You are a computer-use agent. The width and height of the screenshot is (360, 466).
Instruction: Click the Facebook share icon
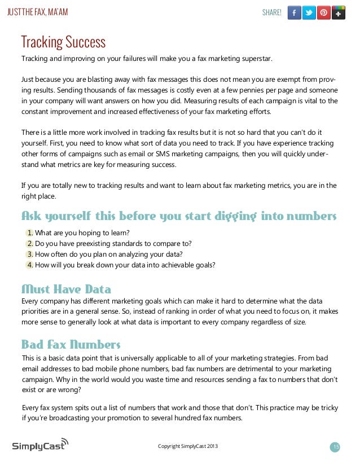(x=294, y=12)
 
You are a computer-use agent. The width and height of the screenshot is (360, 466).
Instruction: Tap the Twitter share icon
(x=309, y=12)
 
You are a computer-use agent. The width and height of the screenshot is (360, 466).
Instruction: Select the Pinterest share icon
(x=324, y=12)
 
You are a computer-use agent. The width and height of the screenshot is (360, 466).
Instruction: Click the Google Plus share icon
(x=339, y=12)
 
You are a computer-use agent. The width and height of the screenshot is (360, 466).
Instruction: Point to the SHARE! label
(x=272, y=12)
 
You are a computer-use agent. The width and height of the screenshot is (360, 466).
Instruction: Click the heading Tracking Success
(x=63, y=42)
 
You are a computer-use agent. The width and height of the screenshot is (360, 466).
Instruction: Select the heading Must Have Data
(x=66, y=290)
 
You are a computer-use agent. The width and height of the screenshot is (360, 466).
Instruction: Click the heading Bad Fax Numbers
(x=71, y=344)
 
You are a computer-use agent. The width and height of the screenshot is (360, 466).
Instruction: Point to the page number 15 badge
(x=335, y=447)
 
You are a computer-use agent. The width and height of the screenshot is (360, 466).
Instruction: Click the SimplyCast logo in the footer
(x=40, y=445)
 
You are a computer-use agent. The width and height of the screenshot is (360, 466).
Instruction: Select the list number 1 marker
(x=30, y=232)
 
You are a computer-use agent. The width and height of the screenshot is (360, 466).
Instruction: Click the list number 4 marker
(x=30, y=265)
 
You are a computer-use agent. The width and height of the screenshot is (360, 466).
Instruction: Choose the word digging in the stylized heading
(x=222, y=217)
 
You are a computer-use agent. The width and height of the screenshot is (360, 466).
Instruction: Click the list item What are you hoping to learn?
(x=82, y=232)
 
